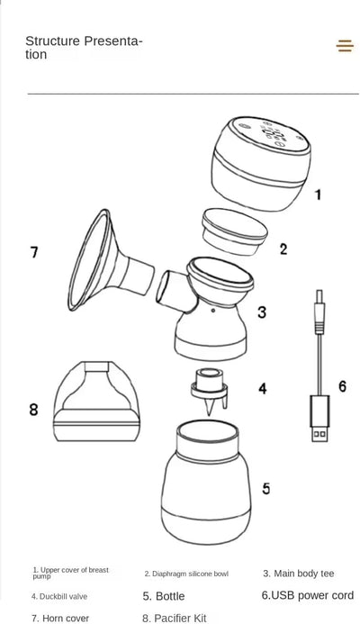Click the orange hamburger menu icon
click(x=345, y=46)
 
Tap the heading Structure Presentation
click(x=84, y=48)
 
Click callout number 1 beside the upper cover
click(x=318, y=194)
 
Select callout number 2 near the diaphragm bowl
click(x=283, y=249)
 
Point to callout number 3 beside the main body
click(x=261, y=312)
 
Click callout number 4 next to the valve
click(x=263, y=388)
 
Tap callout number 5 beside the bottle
click(x=265, y=488)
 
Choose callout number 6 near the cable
click(x=343, y=386)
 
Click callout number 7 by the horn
click(x=34, y=252)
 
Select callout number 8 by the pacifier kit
click(x=34, y=409)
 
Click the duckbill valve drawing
click(x=209, y=391)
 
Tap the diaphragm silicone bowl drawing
click(x=234, y=231)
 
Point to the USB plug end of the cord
click(x=319, y=419)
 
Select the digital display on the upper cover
click(x=274, y=136)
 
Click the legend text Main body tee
click(x=298, y=574)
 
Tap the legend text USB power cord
click(x=308, y=595)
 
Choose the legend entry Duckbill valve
click(x=59, y=597)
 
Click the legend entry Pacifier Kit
click(x=175, y=618)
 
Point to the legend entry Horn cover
click(x=60, y=619)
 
